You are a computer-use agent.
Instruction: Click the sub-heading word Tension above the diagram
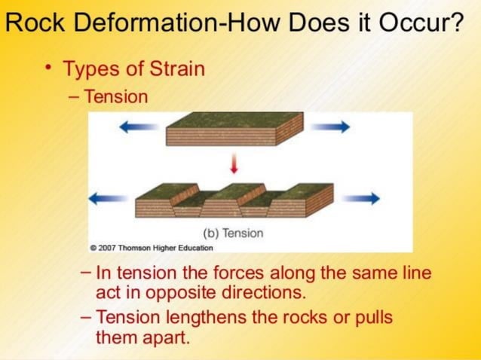click(x=116, y=97)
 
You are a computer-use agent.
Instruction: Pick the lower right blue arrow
click(x=360, y=199)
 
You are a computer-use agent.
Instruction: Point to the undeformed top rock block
click(x=234, y=128)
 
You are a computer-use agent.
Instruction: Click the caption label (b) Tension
click(x=233, y=233)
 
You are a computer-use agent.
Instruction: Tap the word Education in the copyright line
click(x=193, y=247)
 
